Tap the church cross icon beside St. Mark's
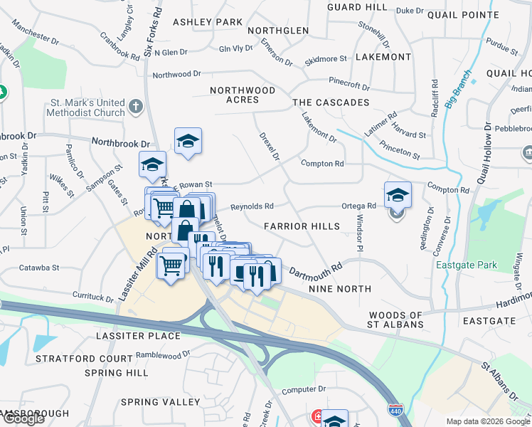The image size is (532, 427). tap(137, 107)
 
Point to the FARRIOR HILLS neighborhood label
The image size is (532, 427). tap(302, 226)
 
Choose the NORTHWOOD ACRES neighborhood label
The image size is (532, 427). tap(243, 95)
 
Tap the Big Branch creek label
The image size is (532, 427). tap(459, 88)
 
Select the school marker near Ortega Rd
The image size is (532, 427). tap(398, 195)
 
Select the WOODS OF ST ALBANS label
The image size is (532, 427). tap(396, 320)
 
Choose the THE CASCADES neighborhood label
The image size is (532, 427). tap(331, 103)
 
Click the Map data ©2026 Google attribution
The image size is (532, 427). tap(488, 421)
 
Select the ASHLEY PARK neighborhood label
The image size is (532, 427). tap(208, 22)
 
